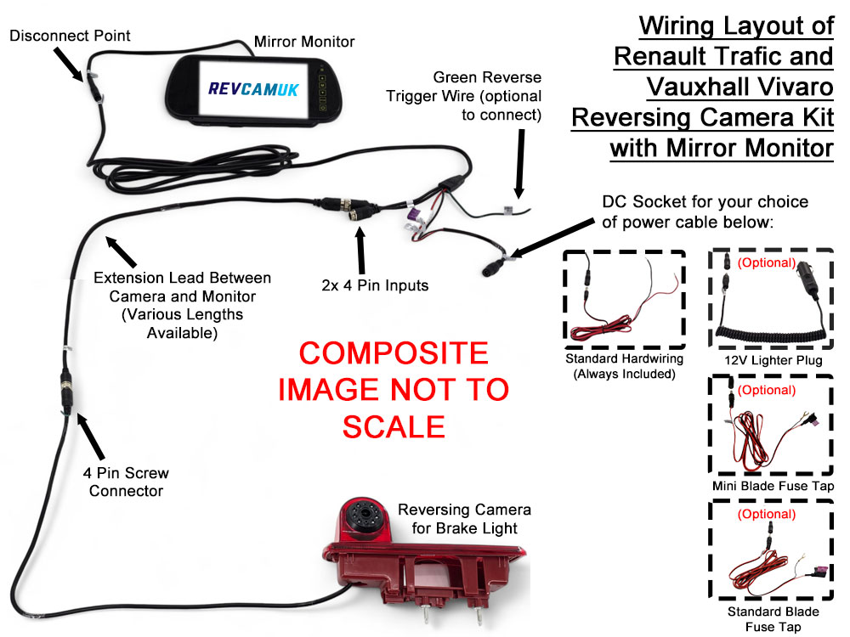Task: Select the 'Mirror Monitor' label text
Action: click(304, 41)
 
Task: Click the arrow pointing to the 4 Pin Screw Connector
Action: click(91, 434)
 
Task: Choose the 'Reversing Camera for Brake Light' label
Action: click(464, 518)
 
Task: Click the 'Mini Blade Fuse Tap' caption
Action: click(773, 487)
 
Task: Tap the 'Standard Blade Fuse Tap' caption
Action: click(773, 619)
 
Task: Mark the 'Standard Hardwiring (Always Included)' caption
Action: click(624, 366)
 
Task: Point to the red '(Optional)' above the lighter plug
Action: click(766, 262)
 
